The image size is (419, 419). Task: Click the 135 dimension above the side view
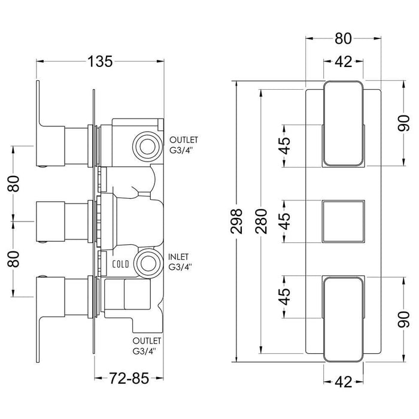click(x=100, y=60)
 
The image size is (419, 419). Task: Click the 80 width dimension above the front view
click(x=342, y=39)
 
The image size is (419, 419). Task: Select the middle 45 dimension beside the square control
click(x=286, y=221)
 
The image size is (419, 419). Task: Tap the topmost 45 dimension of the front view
click(x=286, y=145)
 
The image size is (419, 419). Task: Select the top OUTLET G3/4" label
click(x=184, y=144)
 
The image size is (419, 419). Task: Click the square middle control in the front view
click(x=342, y=221)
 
